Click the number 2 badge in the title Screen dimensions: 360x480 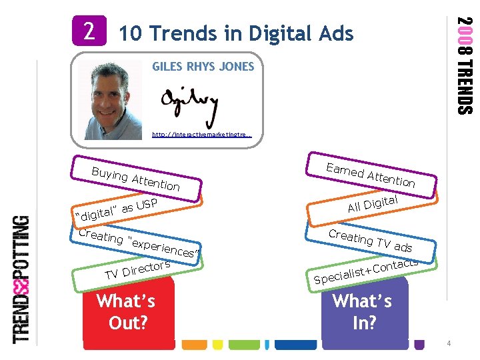coord(89,31)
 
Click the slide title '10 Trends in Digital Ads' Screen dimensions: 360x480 coord(235,33)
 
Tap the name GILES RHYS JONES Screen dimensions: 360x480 coord(203,67)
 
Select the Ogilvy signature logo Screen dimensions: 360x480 coord(189,103)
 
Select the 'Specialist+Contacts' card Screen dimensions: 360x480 coord(366,270)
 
